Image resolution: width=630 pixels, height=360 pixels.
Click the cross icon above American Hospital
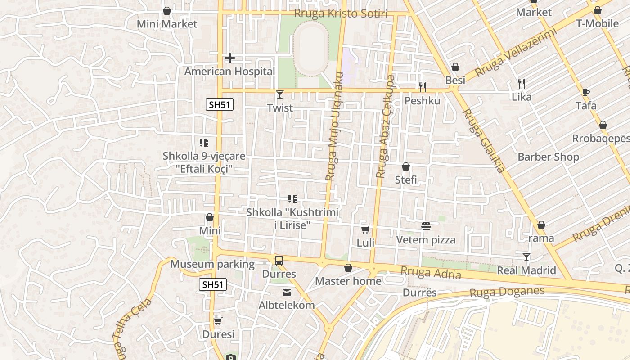[230, 58]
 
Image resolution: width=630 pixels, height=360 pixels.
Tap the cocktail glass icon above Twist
[280, 94]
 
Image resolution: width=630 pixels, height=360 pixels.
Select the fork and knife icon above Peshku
[422, 87]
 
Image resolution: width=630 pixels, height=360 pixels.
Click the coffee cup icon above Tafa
[585, 92]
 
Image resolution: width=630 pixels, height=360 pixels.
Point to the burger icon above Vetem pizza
[426, 226]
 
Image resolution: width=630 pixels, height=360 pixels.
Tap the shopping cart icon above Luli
[365, 229]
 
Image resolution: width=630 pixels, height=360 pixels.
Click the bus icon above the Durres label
[279, 260]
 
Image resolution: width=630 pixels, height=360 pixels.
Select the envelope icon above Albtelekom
[287, 292]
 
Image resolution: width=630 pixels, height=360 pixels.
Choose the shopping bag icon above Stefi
[406, 166]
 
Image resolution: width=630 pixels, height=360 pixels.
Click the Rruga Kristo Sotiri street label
[341, 13]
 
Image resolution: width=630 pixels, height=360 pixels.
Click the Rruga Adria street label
[431, 273]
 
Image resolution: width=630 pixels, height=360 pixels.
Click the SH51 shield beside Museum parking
[212, 284]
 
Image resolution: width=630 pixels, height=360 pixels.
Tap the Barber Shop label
[548, 157]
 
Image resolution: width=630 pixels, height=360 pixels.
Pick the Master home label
[348, 281]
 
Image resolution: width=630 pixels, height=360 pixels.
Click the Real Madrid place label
[526, 270]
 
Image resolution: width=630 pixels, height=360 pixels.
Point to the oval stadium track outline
[311, 48]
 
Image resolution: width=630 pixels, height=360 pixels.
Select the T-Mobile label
[597, 23]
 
